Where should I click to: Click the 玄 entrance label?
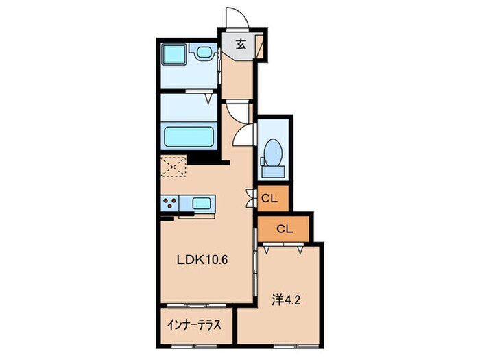pos(241,45)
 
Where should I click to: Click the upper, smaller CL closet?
pos(271,198)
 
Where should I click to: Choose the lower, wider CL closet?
pos(285,228)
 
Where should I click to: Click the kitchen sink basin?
pos(202,203)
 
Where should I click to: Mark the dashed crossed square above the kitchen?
pos(174,167)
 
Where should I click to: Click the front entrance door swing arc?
pos(235,19)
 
